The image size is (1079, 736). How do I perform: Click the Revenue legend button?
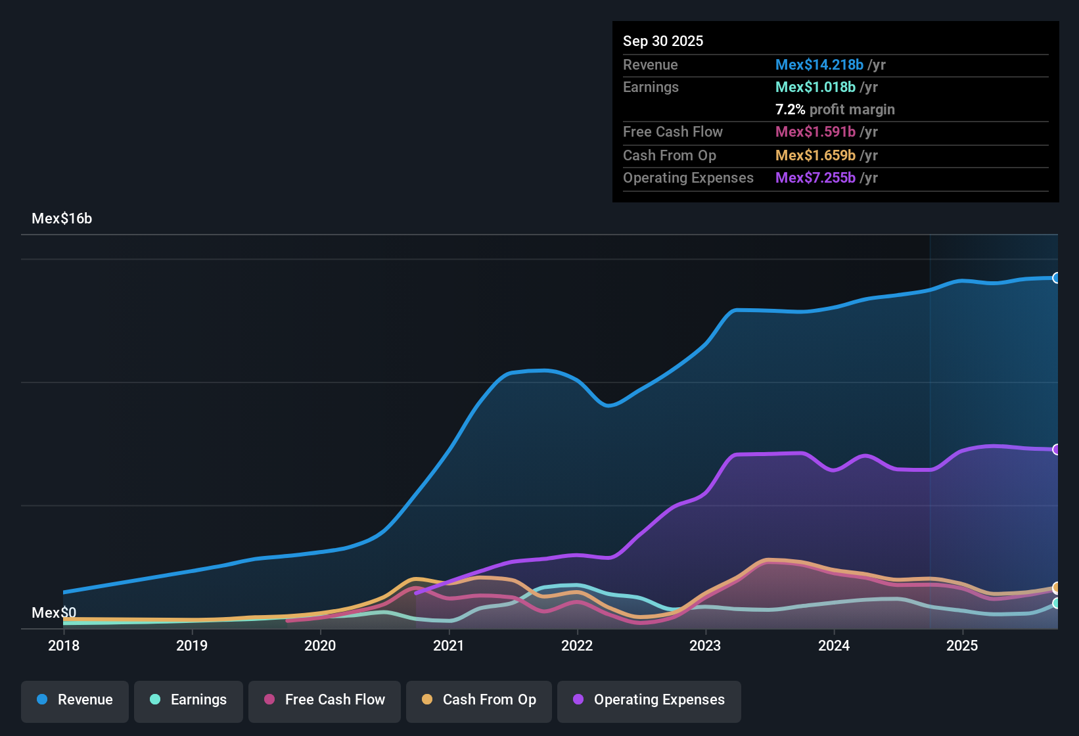click(x=75, y=701)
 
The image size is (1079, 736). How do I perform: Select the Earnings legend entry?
click(x=188, y=701)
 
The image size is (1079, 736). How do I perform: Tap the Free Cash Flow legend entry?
click(x=324, y=701)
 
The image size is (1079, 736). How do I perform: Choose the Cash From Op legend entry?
click(x=478, y=701)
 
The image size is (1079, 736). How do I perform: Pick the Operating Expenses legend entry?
click(x=649, y=701)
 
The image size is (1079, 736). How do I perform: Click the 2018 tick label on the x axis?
click(x=64, y=646)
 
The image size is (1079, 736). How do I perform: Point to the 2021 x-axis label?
click(x=449, y=646)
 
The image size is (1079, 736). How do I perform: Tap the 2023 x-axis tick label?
click(x=705, y=646)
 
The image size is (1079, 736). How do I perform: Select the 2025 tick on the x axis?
click(x=962, y=646)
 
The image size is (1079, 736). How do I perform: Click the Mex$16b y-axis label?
click(x=62, y=219)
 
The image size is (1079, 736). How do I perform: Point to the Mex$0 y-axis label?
click(x=54, y=613)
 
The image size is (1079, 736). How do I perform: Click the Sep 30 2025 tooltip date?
click(x=662, y=41)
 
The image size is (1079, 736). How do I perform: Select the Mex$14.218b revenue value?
click(x=819, y=65)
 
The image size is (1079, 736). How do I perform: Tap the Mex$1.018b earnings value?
click(x=815, y=87)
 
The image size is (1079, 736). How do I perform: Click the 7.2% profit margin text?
click(x=835, y=110)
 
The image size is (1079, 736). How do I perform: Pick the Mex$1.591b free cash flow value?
click(x=815, y=132)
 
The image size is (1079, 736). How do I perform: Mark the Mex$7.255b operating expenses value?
click(x=815, y=178)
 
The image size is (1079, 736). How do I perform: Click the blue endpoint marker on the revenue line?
click(x=1056, y=278)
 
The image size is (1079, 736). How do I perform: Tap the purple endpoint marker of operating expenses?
click(x=1056, y=449)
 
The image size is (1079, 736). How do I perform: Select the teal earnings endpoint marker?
click(x=1056, y=603)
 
